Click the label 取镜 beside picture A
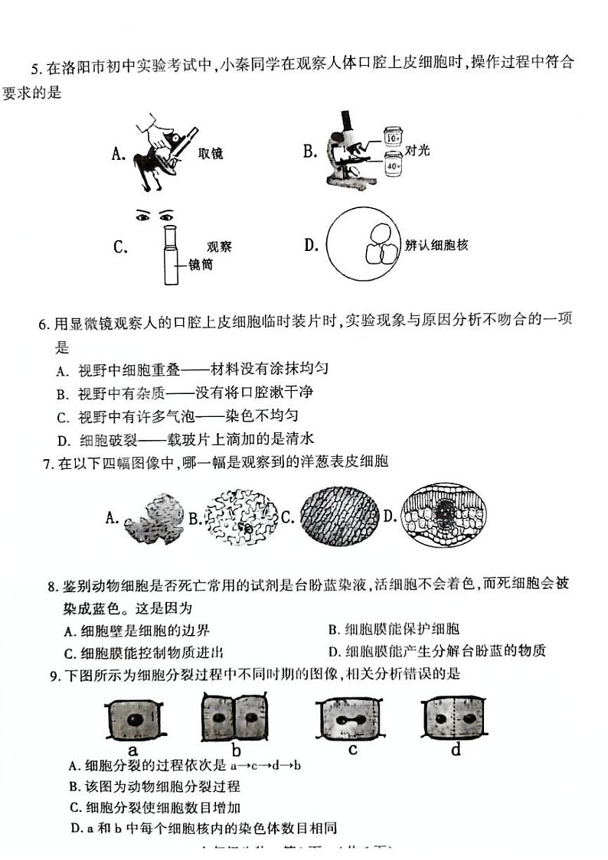click(x=210, y=154)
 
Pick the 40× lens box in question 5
click(x=391, y=165)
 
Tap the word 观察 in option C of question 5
click(x=219, y=246)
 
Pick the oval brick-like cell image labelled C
click(x=338, y=517)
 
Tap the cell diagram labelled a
click(x=133, y=719)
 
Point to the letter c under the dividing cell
click(x=352, y=750)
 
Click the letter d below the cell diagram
click(x=456, y=751)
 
